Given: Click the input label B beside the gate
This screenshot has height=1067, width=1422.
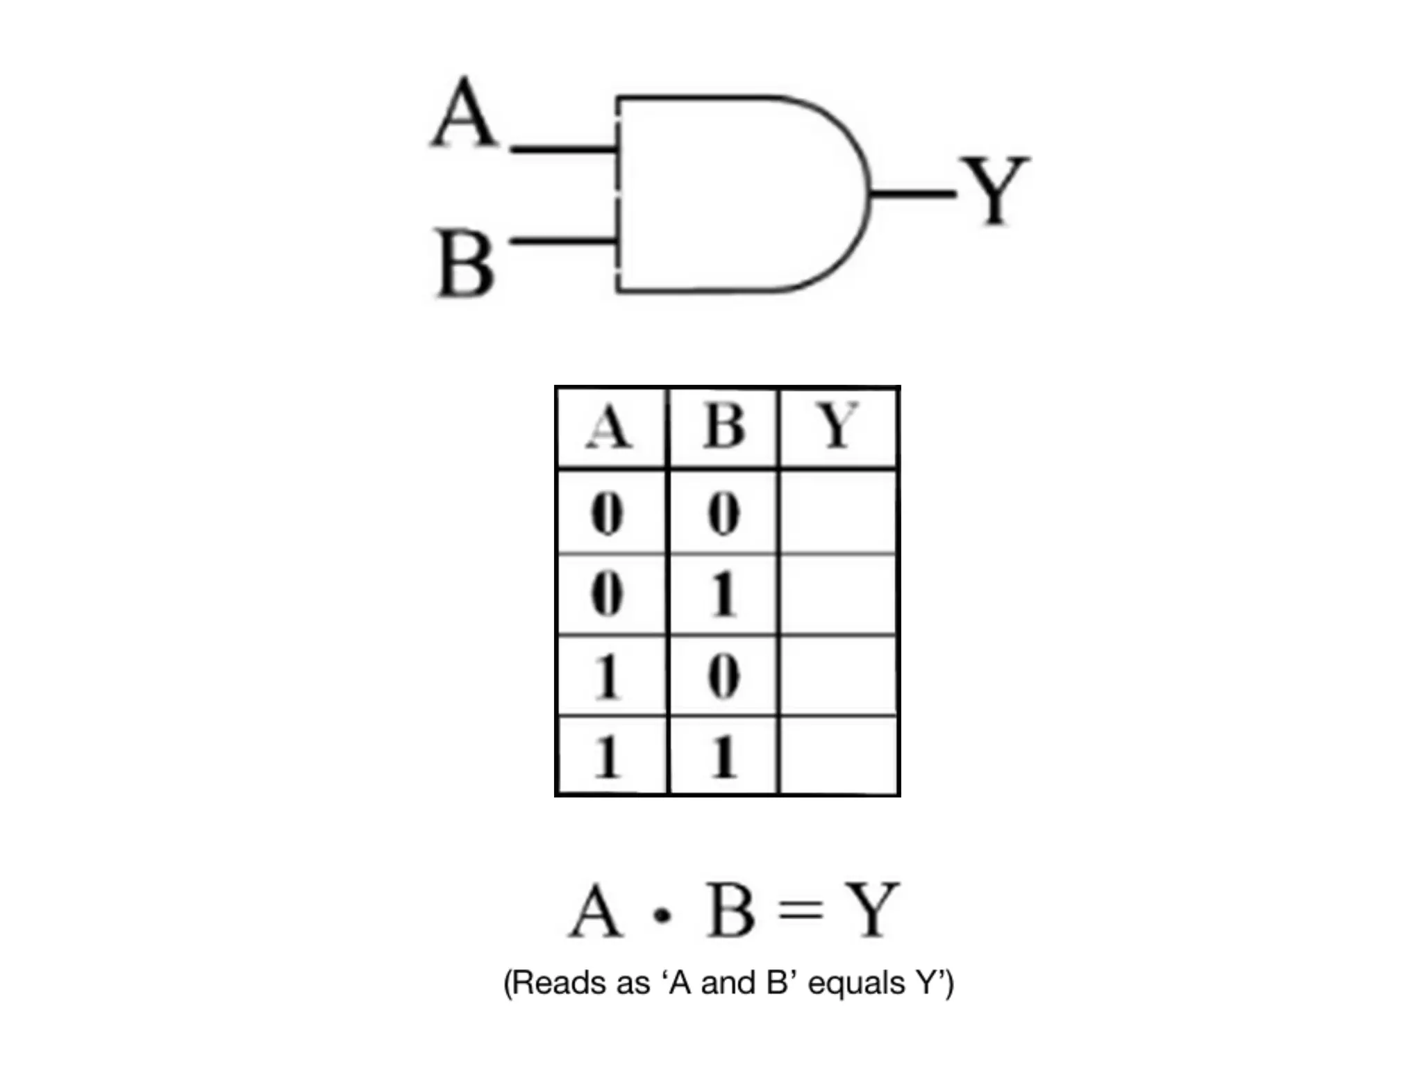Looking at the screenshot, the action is click(x=465, y=265).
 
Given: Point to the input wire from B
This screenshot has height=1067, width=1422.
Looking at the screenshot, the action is click(x=562, y=241).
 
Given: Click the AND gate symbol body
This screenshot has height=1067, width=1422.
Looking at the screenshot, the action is click(x=736, y=193).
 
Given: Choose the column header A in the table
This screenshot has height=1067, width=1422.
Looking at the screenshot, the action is click(x=609, y=427).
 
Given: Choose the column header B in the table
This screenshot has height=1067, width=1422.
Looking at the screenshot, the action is click(x=723, y=427).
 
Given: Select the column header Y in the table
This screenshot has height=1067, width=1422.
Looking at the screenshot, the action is click(x=839, y=427).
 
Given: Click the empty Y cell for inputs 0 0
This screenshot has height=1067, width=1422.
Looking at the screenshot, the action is click(x=839, y=513).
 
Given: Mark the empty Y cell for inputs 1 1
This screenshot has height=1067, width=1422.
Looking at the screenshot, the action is click(x=839, y=756).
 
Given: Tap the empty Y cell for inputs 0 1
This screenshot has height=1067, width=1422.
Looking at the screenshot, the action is click(x=839, y=595).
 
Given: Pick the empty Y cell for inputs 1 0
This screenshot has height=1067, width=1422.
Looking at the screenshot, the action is click(x=839, y=676).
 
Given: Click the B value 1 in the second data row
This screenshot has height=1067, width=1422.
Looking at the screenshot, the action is click(x=723, y=595).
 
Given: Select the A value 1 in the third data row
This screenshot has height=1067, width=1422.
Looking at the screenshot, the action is click(x=608, y=677).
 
